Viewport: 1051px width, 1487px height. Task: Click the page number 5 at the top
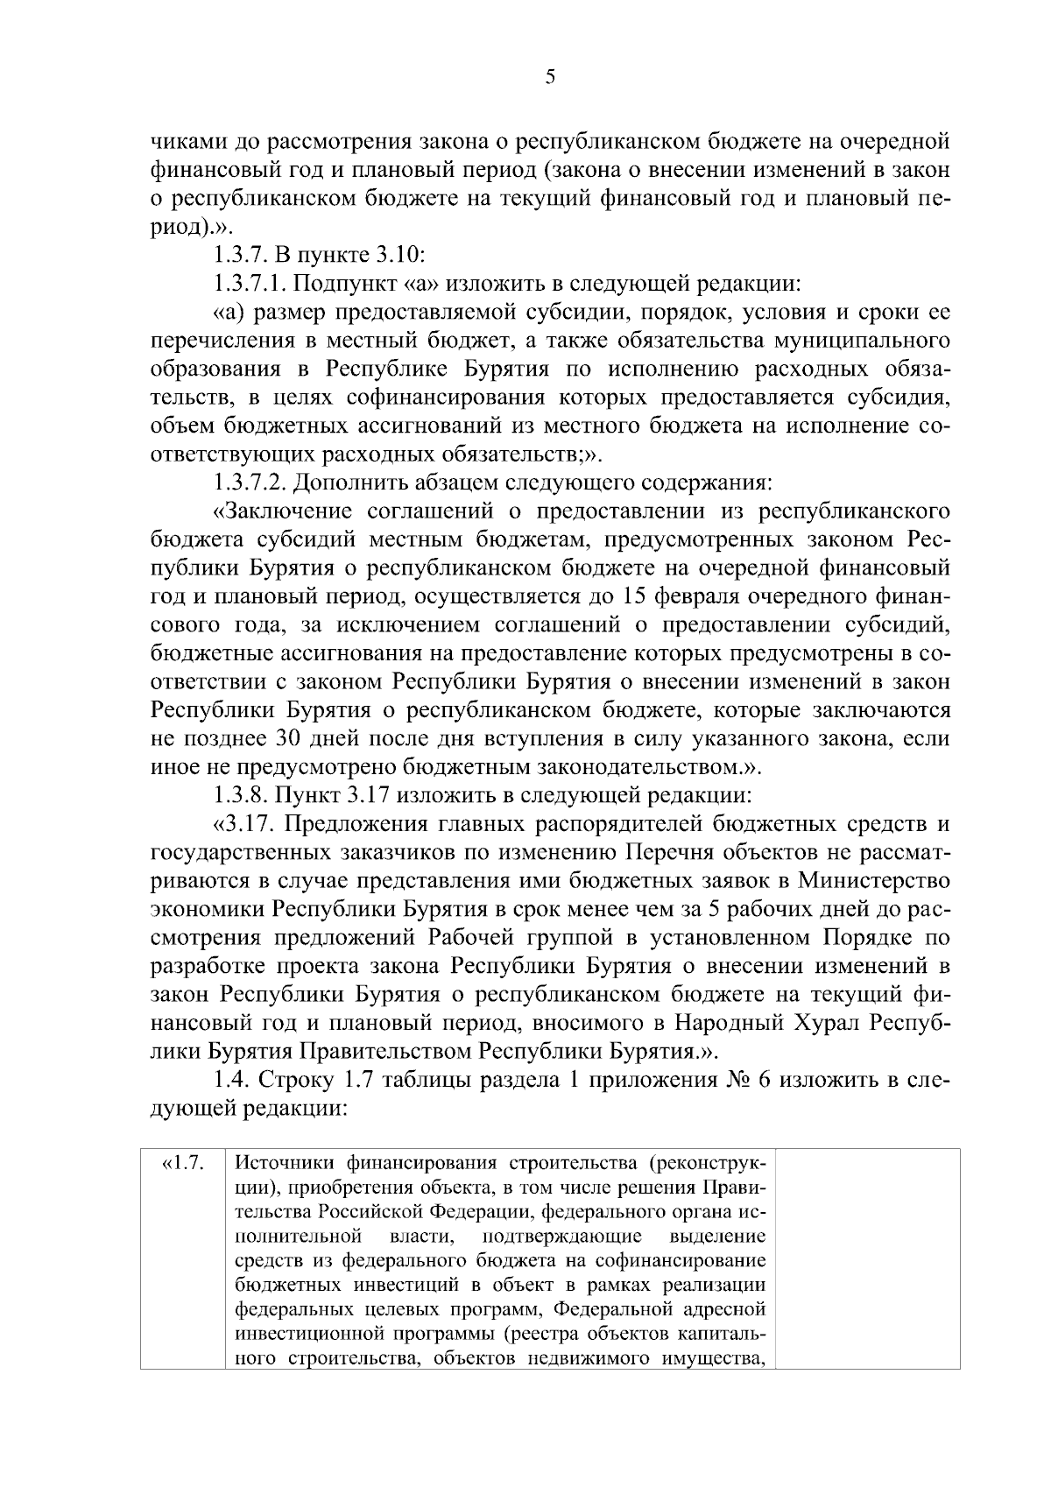tap(550, 78)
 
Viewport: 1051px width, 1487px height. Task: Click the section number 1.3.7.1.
tap(250, 284)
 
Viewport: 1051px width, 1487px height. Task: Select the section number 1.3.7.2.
tap(251, 482)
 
